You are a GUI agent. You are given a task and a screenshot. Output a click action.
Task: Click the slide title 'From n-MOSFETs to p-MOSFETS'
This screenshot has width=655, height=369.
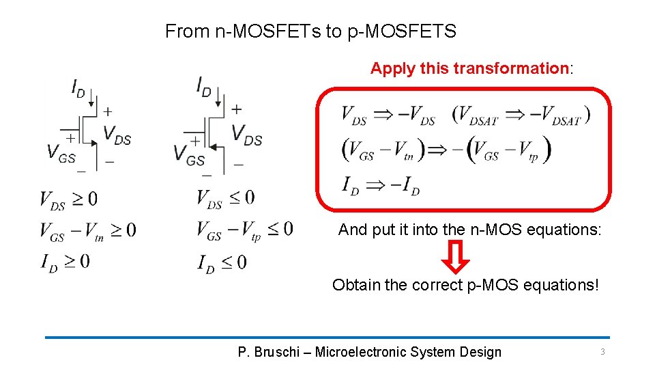click(310, 31)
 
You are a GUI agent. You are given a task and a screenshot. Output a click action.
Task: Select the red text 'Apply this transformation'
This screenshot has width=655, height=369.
click(469, 68)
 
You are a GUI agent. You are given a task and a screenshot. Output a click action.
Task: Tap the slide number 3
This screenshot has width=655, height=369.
click(602, 352)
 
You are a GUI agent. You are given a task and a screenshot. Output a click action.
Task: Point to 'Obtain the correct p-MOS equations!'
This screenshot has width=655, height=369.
click(465, 285)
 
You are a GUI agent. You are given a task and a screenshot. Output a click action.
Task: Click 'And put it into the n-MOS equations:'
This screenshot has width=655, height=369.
click(469, 230)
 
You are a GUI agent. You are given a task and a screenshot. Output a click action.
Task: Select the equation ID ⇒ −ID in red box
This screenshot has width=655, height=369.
click(380, 184)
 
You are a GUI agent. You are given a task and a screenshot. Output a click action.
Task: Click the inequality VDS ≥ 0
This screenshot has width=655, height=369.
click(68, 200)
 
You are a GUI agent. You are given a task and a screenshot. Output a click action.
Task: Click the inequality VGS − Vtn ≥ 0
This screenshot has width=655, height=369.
click(87, 230)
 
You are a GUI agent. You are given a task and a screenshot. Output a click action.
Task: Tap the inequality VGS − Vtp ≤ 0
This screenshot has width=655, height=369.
click(244, 230)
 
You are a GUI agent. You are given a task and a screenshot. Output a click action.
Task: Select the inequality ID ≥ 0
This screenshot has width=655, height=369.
click(65, 261)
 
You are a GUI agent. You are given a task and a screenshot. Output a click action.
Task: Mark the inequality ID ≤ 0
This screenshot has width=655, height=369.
click(222, 262)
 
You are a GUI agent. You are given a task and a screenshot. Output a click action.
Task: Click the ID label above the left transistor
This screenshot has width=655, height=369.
click(78, 89)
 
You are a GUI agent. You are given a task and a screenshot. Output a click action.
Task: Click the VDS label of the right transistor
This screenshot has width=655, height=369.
click(247, 134)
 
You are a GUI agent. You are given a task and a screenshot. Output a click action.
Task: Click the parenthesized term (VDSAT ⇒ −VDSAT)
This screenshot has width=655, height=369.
click(521, 116)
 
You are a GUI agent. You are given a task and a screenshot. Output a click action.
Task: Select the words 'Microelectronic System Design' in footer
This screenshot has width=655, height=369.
click(408, 353)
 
